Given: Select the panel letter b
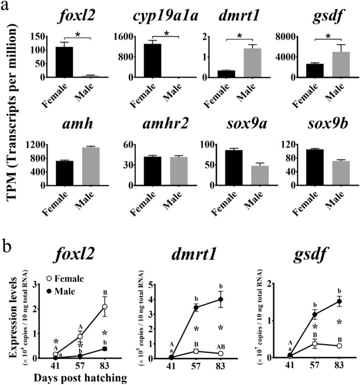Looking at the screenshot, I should point(7,245).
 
